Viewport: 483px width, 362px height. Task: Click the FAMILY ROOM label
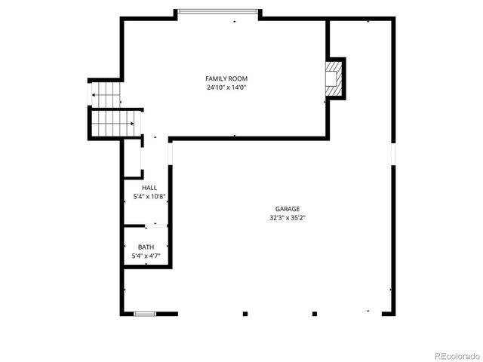[226, 78]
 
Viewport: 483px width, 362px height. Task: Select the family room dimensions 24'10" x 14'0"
[226, 87]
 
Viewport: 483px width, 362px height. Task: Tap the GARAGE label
[287, 209]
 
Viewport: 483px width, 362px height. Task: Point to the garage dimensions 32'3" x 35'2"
[287, 218]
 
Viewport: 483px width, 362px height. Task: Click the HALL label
[149, 187]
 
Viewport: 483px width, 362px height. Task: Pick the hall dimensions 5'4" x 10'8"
[149, 197]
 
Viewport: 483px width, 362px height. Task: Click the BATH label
[146, 247]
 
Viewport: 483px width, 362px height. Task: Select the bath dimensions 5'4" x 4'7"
[146, 256]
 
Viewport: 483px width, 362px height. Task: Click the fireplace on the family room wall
[333, 78]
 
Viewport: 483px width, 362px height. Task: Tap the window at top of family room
[219, 11]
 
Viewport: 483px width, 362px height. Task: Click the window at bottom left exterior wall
[145, 313]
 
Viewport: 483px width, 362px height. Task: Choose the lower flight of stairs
[115, 122]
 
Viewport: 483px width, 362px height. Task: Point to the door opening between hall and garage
[171, 154]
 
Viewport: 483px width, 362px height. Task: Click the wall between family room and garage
[249, 138]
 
